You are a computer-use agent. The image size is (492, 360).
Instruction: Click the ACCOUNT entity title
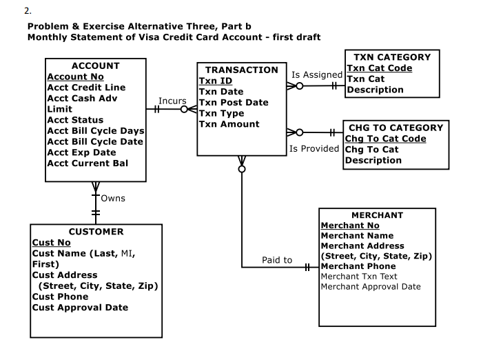click(x=96, y=66)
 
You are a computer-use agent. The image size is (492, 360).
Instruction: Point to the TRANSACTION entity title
click(x=241, y=70)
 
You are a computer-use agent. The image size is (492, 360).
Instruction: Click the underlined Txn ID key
click(x=215, y=81)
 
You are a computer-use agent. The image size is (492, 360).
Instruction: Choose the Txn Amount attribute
click(x=229, y=124)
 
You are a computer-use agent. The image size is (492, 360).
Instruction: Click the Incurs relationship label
click(x=172, y=101)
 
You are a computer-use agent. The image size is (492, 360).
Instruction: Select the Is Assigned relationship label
click(x=317, y=74)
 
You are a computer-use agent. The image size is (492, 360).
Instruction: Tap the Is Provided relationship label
click(x=316, y=148)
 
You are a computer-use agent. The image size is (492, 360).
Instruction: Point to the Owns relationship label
click(x=113, y=199)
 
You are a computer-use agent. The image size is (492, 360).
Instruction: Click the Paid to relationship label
click(x=277, y=260)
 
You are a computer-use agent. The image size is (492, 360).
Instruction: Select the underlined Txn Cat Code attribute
click(x=379, y=68)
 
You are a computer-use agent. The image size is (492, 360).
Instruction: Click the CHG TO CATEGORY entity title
click(x=396, y=128)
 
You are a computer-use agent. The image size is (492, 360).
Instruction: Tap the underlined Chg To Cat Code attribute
click(x=385, y=139)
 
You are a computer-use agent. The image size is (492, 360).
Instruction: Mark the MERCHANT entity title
click(x=377, y=215)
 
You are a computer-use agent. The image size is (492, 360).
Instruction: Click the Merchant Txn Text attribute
click(x=359, y=277)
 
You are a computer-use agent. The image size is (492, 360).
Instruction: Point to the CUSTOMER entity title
click(x=96, y=232)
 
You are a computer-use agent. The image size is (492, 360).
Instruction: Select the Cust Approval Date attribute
click(x=80, y=308)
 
